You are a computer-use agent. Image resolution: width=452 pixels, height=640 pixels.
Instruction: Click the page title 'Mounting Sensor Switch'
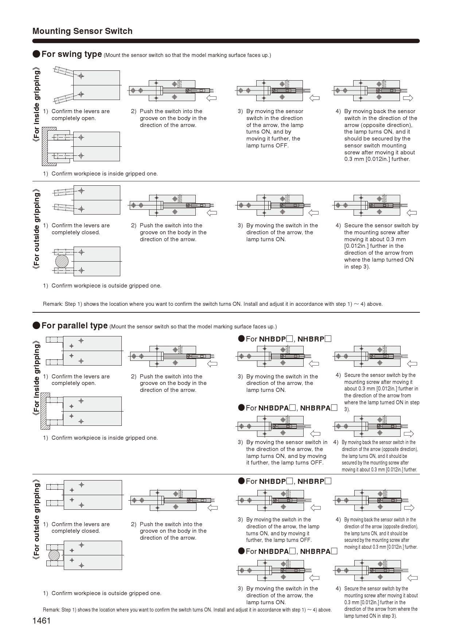click(82, 31)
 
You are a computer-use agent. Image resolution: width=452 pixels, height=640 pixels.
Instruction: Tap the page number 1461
click(42, 621)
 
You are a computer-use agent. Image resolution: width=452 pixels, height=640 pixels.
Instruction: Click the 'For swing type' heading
click(71, 54)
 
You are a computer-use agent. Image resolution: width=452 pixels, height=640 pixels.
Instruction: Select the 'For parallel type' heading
click(74, 325)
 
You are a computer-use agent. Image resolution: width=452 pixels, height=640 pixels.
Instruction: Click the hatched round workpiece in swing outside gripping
click(62, 261)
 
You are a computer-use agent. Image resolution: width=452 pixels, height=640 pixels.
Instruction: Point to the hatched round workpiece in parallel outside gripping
click(54, 555)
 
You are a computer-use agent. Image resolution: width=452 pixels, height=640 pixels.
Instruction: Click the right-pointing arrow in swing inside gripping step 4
click(408, 98)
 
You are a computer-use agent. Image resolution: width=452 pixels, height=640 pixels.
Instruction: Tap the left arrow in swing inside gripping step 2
click(211, 98)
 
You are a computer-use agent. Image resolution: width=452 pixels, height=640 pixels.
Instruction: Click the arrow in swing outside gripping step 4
click(412, 213)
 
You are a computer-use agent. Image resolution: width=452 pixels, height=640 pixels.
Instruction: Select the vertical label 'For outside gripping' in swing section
click(36, 229)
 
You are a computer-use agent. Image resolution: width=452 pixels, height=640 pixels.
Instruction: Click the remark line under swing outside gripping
click(213, 304)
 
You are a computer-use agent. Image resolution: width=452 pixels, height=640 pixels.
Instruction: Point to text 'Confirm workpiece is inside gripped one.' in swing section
click(105, 174)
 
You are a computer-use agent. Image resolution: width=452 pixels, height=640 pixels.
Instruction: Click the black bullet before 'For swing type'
click(36, 54)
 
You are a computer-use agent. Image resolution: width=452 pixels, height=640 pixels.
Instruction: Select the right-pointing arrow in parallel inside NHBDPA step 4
click(409, 433)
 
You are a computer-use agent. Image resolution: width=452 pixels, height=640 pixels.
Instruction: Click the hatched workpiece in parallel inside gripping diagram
click(45, 411)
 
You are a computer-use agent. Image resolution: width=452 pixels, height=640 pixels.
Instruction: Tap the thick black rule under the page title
click(226, 41)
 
